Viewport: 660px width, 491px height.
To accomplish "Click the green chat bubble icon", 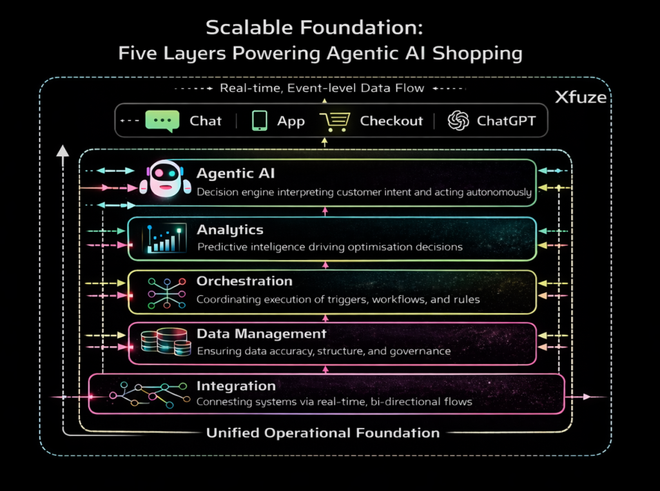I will [162, 121].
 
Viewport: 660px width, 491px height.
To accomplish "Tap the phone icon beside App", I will [260, 120].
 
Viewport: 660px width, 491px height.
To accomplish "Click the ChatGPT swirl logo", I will [458, 120].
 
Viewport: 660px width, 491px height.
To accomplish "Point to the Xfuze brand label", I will [581, 98].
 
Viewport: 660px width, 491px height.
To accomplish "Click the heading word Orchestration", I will [244, 281].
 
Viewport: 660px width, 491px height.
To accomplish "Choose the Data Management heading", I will [261, 334].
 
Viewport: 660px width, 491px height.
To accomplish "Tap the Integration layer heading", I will [236, 386].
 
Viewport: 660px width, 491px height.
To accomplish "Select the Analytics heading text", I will [229, 229].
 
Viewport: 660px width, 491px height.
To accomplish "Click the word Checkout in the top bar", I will [391, 121].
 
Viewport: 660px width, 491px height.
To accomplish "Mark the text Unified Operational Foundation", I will [322, 433].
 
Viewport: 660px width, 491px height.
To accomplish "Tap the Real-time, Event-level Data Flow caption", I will [322, 88].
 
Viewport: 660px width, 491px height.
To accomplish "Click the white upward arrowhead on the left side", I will [62, 151].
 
